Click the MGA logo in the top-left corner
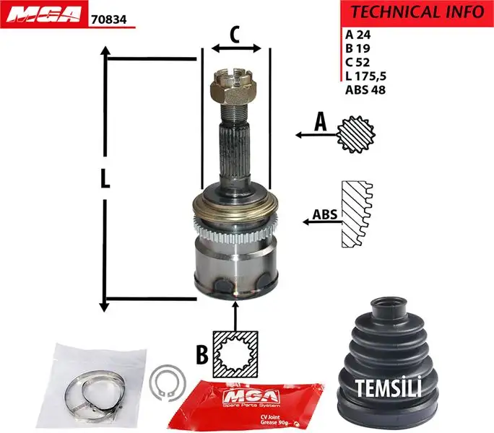point(43,15)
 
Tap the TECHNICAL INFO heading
point(417,12)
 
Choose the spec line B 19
point(357,47)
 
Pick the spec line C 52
point(357,61)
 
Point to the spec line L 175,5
point(367,76)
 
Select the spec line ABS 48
point(365,90)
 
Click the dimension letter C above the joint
point(235,33)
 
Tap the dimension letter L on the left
point(105,180)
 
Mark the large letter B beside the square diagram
point(204,354)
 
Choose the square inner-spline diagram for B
point(236,354)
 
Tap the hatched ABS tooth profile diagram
point(354,216)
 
